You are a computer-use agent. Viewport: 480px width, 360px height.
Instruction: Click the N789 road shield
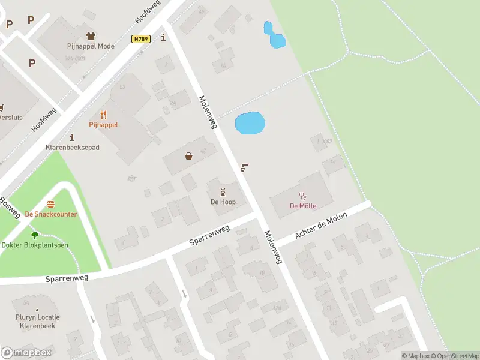point(142,38)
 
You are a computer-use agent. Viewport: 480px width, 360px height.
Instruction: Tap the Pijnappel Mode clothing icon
point(91,37)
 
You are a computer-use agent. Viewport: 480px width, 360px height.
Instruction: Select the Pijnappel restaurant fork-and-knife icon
point(103,115)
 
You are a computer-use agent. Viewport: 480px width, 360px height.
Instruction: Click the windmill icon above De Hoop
point(223,192)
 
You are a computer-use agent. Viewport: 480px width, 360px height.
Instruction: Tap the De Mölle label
point(303,206)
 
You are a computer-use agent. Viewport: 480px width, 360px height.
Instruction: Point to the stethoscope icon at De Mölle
point(303,196)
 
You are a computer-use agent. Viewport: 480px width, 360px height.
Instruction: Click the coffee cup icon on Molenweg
point(244,167)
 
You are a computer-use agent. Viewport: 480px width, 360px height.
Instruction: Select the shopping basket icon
point(189,156)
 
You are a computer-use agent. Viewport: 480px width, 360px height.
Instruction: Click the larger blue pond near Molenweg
point(250,124)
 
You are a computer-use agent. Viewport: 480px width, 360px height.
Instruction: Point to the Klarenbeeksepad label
point(73,147)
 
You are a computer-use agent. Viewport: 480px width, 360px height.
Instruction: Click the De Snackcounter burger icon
point(51,205)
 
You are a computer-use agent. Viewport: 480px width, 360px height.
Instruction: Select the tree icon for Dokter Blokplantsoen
point(34,235)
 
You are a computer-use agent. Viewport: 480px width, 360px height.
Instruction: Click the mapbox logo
point(26,353)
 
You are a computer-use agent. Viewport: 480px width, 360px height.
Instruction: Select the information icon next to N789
point(163,37)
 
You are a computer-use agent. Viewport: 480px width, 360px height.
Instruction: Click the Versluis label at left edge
point(11,118)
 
